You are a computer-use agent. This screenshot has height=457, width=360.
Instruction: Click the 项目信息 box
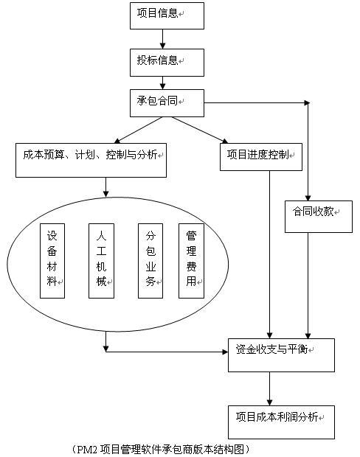pyautogui.click(x=167, y=15)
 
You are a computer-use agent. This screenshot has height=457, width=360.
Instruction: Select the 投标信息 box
pyautogui.click(x=167, y=63)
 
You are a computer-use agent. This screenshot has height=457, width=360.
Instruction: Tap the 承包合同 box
pyautogui.click(x=167, y=103)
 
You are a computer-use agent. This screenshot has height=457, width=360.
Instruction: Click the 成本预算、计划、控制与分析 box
pyautogui.click(x=91, y=160)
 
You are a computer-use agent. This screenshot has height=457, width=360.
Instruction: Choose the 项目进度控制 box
pyautogui.click(x=261, y=157)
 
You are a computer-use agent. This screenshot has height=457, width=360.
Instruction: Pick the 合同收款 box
pyautogui.click(x=319, y=217)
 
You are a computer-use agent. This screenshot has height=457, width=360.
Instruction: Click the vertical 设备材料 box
pyautogui.click(x=52, y=261)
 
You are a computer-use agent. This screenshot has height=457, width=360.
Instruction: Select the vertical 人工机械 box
pyautogui.click(x=101, y=261)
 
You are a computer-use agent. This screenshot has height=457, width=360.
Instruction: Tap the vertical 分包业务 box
pyautogui.click(x=150, y=261)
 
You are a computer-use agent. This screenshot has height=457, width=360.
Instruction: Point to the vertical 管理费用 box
pyautogui.click(x=191, y=261)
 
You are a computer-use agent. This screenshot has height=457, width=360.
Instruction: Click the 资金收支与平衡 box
pyautogui.click(x=281, y=355)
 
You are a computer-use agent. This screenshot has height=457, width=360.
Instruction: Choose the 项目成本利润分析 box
pyautogui.click(x=281, y=422)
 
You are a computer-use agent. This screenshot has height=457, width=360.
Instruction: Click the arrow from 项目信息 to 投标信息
pyautogui.click(x=162, y=39)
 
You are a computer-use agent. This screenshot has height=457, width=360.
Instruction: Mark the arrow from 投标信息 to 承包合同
pyautogui.click(x=162, y=83)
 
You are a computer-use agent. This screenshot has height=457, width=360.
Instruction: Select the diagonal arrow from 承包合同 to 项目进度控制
pyautogui.click(x=200, y=130)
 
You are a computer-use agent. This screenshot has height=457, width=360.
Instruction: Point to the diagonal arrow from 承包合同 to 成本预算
pyautogui.click(x=138, y=130)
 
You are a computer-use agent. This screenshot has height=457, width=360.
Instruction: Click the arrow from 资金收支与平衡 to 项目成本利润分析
pyautogui.click(x=269, y=388)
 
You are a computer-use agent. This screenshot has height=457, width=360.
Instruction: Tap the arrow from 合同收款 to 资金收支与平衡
pyautogui.click(x=308, y=285)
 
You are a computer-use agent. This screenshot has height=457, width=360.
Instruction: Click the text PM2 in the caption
pyautogui.click(x=86, y=449)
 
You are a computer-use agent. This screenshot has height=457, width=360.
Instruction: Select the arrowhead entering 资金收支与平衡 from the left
pyautogui.click(x=225, y=352)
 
